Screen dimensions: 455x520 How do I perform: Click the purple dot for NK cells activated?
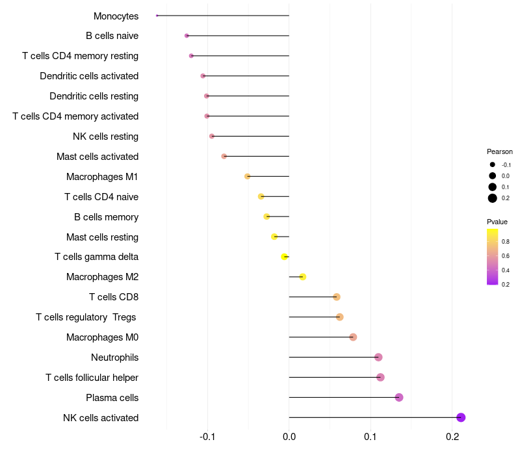click(461, 417)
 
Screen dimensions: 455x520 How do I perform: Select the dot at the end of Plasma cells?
click(399, 397)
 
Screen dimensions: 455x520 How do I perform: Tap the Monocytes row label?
click(116, 16)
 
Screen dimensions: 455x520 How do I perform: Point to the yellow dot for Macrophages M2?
click(303, 277)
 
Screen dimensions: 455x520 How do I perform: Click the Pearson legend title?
click(499, 151)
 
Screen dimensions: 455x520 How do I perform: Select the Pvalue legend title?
click(497, 222)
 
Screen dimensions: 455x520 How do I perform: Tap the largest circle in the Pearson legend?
click(493, 198)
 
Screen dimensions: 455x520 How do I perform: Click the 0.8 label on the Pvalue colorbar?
click(506, 241)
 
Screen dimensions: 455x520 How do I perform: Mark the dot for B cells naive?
click(187, 36)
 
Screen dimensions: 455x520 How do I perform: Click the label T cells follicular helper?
click(92, 378)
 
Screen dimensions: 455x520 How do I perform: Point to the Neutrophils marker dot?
click(378, 357)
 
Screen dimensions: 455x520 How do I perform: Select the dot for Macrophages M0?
click(353, 337)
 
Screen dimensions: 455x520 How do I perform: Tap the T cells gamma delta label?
click(96, 257)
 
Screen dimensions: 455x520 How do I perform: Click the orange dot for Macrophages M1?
click(247, 176)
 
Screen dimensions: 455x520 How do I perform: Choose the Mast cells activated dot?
click(224, 156)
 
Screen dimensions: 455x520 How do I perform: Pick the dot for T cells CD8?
click(336, 297)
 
